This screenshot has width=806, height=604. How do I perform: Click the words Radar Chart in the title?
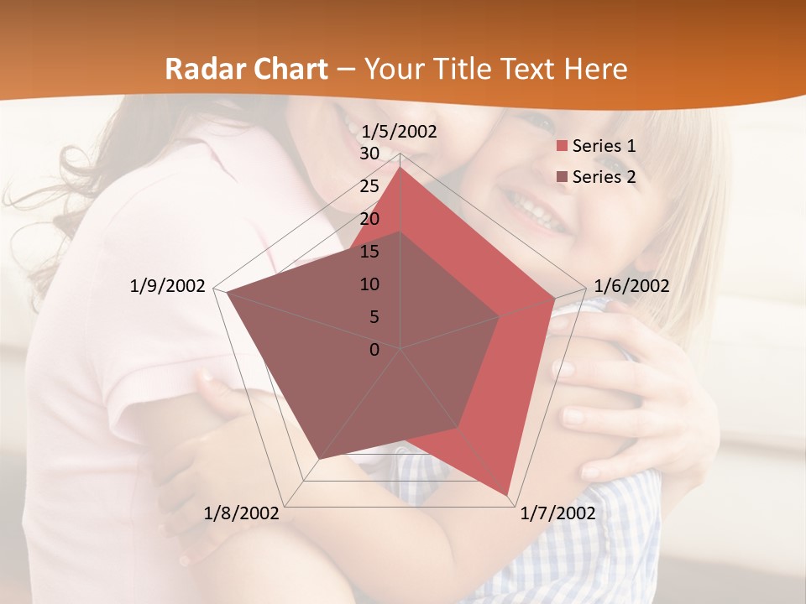coord(246,69)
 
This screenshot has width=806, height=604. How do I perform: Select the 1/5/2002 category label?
coord(399,132)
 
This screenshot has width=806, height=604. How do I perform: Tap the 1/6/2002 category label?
coord(631,286)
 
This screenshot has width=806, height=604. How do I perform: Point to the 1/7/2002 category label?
coord(557,513)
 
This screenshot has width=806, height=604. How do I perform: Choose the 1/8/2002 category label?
coord(241,513)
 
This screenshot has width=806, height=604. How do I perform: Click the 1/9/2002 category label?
coord(167,286)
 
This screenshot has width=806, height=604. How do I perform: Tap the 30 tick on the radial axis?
coord(369,154)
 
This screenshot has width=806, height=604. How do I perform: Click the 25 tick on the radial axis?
coord(369,186)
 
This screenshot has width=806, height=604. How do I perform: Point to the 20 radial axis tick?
coord(369,219)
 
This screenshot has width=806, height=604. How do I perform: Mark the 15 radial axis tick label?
coord(369,252)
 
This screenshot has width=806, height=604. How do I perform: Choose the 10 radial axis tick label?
coord(369,284)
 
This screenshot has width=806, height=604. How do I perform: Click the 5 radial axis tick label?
coord(374,317)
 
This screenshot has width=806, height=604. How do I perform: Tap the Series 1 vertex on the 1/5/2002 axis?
coord(400,167)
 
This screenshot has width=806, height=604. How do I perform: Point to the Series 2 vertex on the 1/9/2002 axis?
coord(227,293)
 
